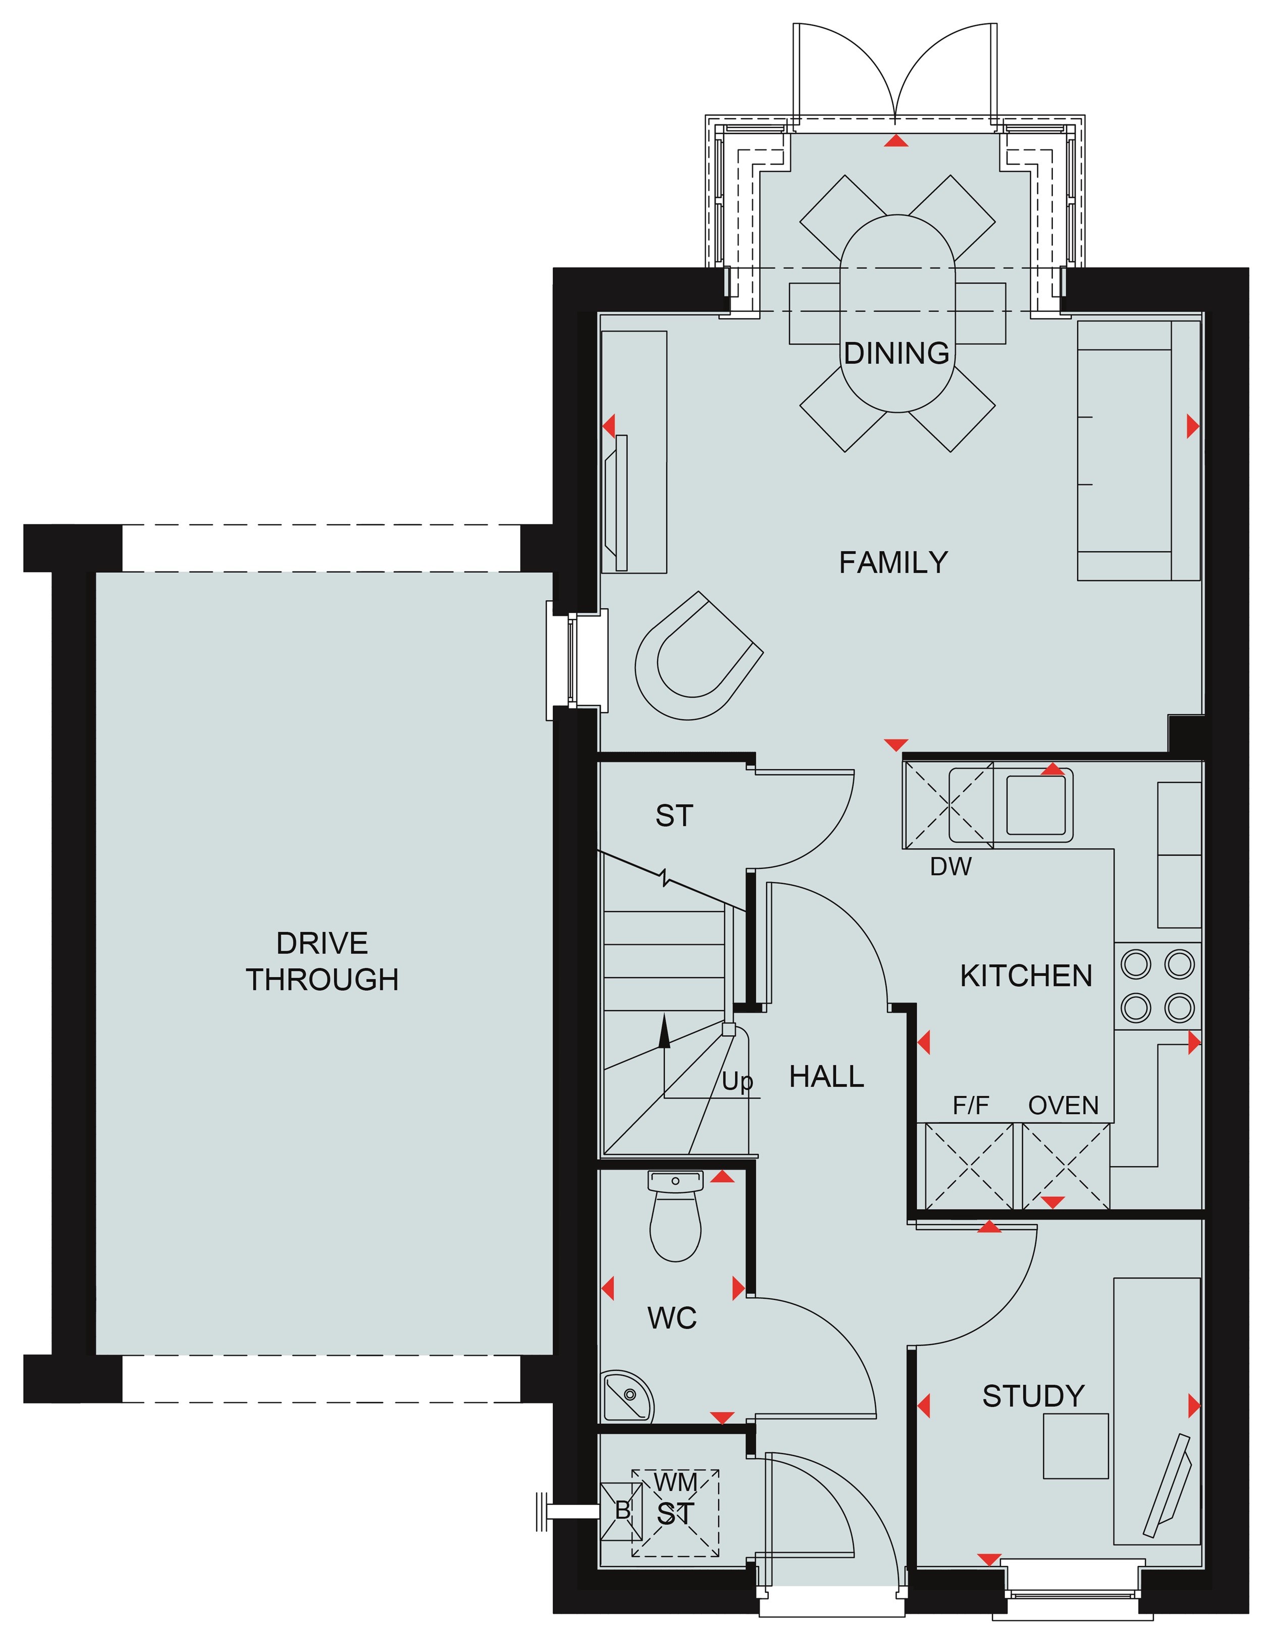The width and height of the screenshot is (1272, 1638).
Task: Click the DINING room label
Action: click(x=896, y=353)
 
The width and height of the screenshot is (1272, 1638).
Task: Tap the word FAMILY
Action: click(x=893, y=562)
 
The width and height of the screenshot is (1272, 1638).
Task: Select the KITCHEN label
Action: click(x=1026, y=976)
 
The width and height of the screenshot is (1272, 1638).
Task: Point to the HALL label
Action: click(x=826, y=1077)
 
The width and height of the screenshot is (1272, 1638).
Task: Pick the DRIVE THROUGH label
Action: click(x=323, y=962)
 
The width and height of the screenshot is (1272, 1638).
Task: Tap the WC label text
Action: click(x=672, y=1318)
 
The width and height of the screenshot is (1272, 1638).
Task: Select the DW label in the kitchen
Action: click(x=950, y=867)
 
